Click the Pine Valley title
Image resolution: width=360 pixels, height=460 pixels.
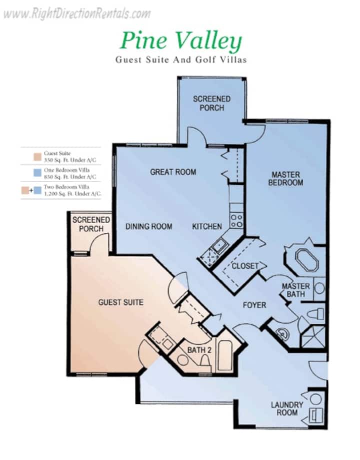[x=181, y=41]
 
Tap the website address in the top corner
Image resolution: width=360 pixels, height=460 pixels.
[x=77, y=14]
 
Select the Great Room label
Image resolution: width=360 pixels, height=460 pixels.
[x=173, y=172]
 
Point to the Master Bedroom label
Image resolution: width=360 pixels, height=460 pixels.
[x=285, y=179]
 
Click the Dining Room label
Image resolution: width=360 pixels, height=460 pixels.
[x=148, y=226]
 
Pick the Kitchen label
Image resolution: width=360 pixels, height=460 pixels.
[x=207, y=226]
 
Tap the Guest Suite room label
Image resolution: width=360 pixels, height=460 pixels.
[x=121, y=302]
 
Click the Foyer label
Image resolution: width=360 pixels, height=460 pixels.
[x=254, y=305]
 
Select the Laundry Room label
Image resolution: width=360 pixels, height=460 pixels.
[x=287, y=408]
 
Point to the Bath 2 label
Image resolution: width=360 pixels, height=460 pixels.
[x=199, y=350]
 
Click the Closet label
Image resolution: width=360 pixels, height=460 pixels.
[x=245, y=266]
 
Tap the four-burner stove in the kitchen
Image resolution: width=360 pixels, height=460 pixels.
[x=236, y=221]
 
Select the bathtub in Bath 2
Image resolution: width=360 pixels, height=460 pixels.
[x=225, y=356]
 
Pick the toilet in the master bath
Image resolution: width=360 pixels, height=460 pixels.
[x=315, y=314]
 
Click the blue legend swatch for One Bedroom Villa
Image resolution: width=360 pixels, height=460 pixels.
[x=37, y=173]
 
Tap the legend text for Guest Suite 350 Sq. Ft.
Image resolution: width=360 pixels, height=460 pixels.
[x=70, y=157]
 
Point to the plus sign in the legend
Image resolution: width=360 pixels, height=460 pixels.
[x=31, y=190]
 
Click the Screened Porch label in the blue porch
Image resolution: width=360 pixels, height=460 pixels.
[x=211, y=103]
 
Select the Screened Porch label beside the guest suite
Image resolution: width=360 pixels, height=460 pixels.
[x=91, y=224]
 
